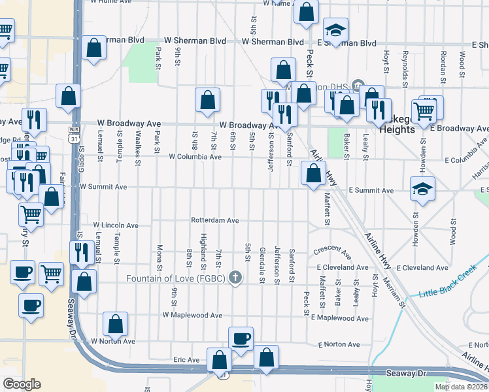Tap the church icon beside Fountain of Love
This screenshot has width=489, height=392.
click(235, 278)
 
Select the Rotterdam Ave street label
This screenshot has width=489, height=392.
click(215, 220)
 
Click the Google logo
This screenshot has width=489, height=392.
click(21, 384)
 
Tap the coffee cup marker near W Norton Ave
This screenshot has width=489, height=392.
click(241, 339)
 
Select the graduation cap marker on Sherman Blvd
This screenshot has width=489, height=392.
click(335, 30)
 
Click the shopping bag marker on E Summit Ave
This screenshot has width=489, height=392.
click(313, 174)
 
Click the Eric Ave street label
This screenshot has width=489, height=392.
click(186, 360)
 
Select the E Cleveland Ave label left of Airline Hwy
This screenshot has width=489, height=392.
click(343, 268)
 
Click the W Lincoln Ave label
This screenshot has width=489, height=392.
click(116, 225)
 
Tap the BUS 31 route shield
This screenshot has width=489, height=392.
click(75, 134)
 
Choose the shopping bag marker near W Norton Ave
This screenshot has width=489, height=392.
click(115, 324)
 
